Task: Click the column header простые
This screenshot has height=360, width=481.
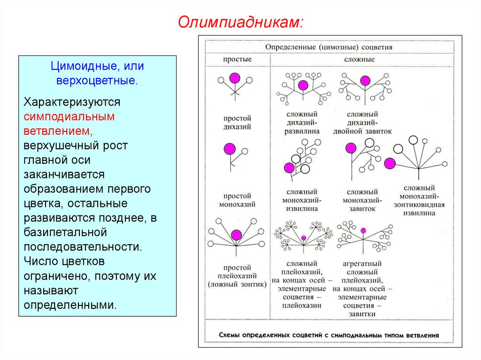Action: click(x=237, y=60)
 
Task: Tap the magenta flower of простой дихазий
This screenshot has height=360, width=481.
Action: click(x=234, y=77)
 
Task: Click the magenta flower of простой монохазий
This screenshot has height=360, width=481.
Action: click(x=230, y=149)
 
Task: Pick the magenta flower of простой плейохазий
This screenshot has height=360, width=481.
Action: click(x=236, y=234)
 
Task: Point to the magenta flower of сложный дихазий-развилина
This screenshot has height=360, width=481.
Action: click(x=303, y=85)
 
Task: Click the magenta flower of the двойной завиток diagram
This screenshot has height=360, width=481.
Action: click(x=365, y=80)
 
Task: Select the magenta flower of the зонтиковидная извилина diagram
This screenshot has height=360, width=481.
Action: click(x=389, y=164)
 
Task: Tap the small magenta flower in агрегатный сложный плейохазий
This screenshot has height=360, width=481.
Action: click(x=363, y=230)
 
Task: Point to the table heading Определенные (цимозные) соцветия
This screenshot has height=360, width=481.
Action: click(x=329, y=47)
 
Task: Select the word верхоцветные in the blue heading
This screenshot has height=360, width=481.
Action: click(x=97, y=80)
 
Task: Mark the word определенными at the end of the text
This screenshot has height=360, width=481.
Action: click(x=70, y=305)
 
